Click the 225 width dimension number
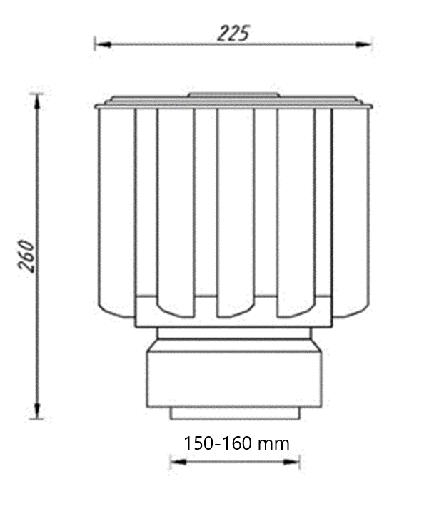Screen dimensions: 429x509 click(x=233, y=33)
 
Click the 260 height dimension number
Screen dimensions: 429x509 click(x=26, y=256)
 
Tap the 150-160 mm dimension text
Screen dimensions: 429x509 click(x=236, y=443)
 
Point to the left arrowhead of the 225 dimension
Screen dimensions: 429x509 click(x=104, y=44)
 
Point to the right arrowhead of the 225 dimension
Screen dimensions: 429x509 click(x=363, y=44)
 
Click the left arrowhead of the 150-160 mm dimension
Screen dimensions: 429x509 click(x=179, y=462)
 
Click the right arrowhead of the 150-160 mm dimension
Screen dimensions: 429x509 click(x=291, y=462)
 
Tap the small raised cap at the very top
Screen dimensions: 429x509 click(x=233, y=94)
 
